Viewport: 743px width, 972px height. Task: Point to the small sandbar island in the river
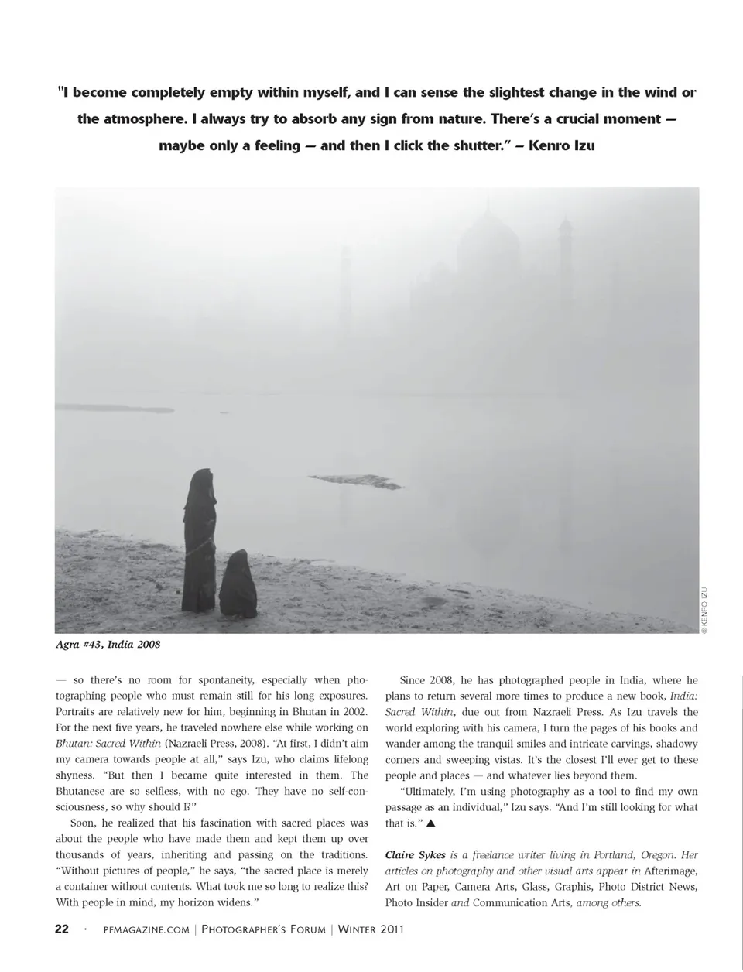357,481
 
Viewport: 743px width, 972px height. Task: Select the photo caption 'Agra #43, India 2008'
108,644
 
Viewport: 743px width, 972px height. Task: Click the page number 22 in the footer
62,929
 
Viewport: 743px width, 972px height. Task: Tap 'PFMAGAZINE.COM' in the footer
146,930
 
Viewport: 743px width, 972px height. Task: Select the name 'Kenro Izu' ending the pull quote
561,145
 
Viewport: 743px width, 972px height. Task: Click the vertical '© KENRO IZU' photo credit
705,611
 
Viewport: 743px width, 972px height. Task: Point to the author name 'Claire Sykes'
416,855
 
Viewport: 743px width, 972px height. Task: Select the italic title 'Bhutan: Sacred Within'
108,743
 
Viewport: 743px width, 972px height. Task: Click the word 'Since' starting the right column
413,680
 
